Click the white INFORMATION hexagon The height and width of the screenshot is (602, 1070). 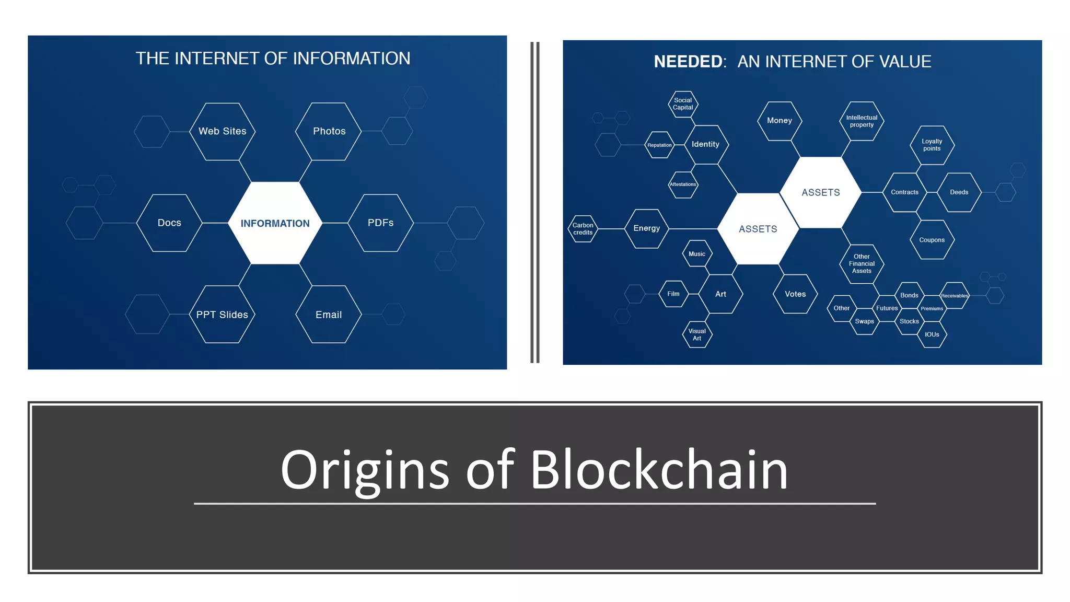[x=275, y=223]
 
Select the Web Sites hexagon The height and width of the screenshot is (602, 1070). [x=223, y=131]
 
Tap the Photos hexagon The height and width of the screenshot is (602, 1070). [x=329, y=131]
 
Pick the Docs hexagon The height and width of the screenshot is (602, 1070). [x=169, y=223]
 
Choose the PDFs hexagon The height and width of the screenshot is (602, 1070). [x=380, y=223]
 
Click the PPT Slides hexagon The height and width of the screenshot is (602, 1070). [x=222, y=315]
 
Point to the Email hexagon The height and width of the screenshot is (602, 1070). [x=329, y=315]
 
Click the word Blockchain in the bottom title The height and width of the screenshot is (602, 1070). [x=659, y=470]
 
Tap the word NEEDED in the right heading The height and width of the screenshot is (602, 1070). [x=688, y=62]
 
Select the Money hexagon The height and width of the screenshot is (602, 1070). [x=780, y=121]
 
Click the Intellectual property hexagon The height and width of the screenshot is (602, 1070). [x=862, y=121]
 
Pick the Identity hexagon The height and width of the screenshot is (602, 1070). [x=705, y=144]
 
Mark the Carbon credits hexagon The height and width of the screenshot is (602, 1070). [x=583, y=229]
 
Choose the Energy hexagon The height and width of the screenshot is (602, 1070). [x=647, y=228]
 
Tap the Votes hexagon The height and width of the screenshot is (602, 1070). [x=795, y=294]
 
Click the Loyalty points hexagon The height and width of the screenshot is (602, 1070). [x=932, y=145]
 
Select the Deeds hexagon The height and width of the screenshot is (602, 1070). [x=959, y=192]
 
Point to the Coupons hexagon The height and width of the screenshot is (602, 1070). [x=932, y=240]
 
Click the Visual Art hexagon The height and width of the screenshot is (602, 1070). [x=697, y=334]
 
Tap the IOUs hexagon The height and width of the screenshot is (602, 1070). [x=932, y=334]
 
